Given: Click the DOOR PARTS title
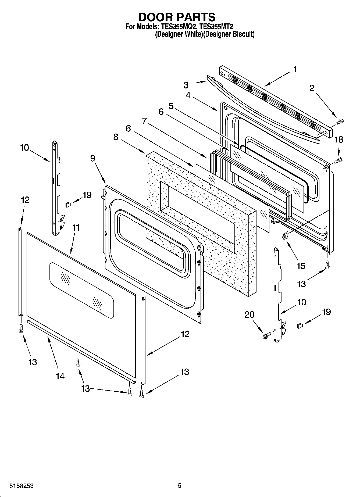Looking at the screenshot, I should (177, 17).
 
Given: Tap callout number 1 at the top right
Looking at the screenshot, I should (295, 69).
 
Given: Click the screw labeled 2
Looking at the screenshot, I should (340, 122).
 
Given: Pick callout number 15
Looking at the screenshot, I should (301, 266).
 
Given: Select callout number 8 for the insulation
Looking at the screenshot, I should (116, 137).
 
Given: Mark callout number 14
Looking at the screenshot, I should (60, 376).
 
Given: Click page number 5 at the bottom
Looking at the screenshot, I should (180, 485).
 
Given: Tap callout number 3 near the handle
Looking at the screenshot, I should (186, 85).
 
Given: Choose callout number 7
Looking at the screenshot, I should (144, 121).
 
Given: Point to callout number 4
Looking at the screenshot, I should (188, 95).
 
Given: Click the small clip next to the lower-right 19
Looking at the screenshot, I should (300, 326).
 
